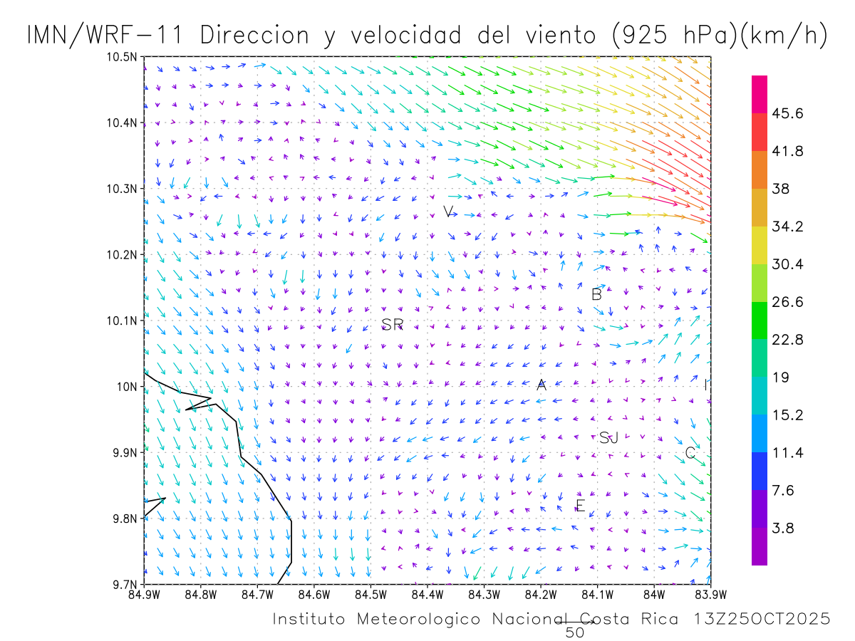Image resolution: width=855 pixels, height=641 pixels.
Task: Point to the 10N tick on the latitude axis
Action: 130,387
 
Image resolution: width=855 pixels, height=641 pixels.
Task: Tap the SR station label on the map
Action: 393,325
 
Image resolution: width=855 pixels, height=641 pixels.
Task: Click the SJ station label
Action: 608,438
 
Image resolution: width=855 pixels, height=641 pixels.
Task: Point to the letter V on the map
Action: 448,212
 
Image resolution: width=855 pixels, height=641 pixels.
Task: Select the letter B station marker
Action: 597,294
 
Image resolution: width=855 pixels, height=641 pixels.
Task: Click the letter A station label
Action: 541,385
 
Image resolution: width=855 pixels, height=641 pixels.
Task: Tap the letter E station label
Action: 580,506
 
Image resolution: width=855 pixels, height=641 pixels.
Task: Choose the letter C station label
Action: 690,452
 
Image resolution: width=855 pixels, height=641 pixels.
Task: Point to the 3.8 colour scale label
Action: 784,528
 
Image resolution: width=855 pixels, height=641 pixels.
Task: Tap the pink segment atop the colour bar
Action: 760,94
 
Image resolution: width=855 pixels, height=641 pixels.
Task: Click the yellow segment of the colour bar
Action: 760,245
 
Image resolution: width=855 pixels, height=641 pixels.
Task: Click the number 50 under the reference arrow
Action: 574,632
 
